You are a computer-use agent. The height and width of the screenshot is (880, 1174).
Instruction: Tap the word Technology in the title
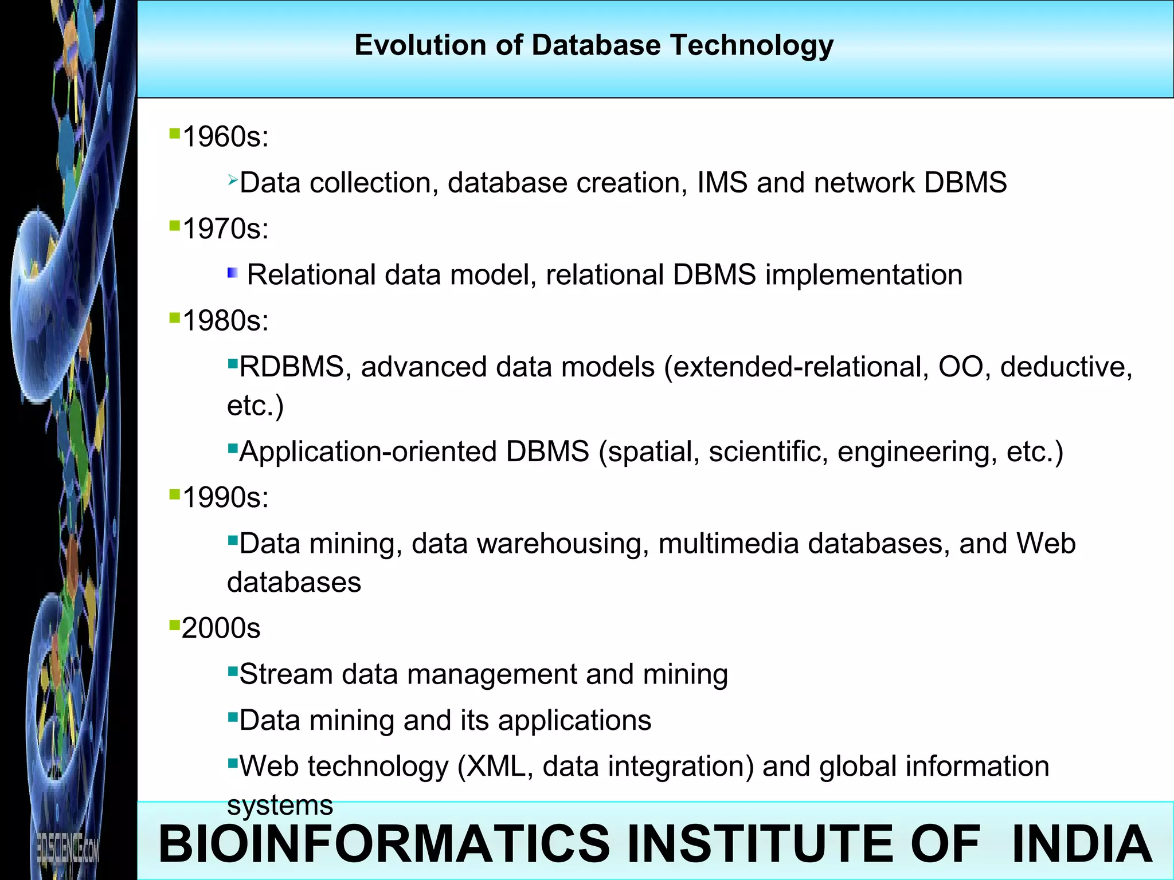[x=752, y=46]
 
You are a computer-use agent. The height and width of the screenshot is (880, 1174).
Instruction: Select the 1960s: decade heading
[x=225, y=137]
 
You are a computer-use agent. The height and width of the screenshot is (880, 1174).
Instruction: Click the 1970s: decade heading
[x=225, y=229]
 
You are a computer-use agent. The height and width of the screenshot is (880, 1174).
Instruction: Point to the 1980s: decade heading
[x=225, y=321]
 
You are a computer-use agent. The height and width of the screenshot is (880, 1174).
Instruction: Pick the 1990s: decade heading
[x=225, y=497]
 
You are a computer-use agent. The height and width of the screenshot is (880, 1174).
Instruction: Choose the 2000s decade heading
[x=221, y=628]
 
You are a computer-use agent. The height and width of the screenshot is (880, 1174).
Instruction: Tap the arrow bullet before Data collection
[x=232, y=180]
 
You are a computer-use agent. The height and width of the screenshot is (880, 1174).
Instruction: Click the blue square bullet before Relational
[x=233, y=273]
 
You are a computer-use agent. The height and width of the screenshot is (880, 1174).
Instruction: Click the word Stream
[x=286, y=674]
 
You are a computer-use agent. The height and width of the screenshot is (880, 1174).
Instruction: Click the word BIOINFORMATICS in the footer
[x=384, y=843]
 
